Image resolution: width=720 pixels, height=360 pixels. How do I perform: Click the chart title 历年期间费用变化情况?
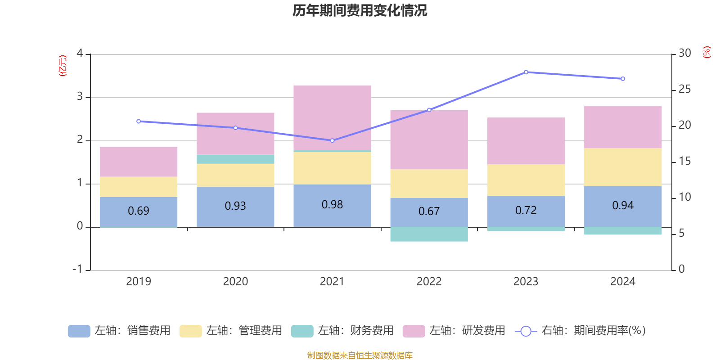click(360, 10)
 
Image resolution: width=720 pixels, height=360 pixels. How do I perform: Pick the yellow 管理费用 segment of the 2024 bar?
click(623, 167)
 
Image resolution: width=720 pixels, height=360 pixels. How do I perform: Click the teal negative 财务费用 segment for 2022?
click(429, 234)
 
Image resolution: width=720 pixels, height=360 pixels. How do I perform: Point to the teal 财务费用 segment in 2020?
click(235, 159)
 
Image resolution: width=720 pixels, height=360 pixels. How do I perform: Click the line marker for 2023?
click(526, 72)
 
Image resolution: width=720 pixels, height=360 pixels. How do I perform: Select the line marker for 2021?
click(332, 140)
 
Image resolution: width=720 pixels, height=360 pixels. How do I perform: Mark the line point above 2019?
click(138, 121)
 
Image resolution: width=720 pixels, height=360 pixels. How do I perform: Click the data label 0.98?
click(332, 205)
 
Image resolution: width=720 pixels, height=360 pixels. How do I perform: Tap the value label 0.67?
click(429, 211)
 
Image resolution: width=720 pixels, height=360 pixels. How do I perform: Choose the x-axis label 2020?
click(235, 282)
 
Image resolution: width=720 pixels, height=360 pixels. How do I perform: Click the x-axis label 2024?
click(623, 282)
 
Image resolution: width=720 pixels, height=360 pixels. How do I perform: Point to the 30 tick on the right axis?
click(684, 53)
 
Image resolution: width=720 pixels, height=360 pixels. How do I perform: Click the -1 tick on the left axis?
click(78, 269)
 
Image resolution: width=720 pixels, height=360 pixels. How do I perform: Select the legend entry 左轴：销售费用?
click(119, 331)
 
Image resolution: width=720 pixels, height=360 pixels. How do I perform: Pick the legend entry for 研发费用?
click(454, 331)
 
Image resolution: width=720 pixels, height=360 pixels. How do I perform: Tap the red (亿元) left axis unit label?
click(63, 66)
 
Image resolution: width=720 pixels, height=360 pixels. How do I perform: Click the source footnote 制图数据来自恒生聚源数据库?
click(360, 355)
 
